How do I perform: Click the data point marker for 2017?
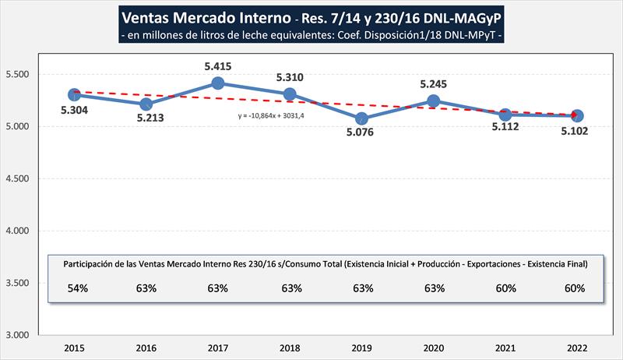[x=218, y=83]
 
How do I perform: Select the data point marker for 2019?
[x=361, y=118]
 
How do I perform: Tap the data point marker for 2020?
[x=434, y=101]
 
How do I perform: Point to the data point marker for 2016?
[x=146, y=104]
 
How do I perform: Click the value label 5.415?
[x=218, y=67]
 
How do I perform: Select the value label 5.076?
[x=362, y=132]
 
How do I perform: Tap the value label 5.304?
[x=74, y=110]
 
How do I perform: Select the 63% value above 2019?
[x=362, y=288]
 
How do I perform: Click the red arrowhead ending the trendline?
[x=575, y=116]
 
